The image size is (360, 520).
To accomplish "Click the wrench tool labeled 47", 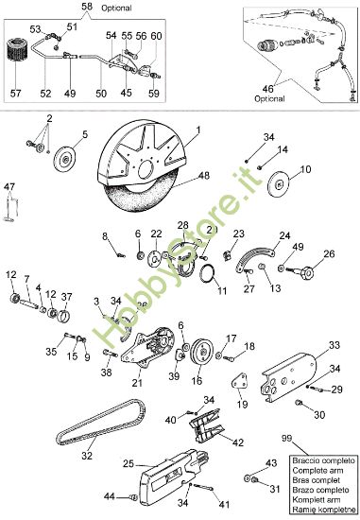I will click(x=10, y=204).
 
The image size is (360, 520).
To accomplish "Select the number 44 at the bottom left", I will click(x=110, y=496).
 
